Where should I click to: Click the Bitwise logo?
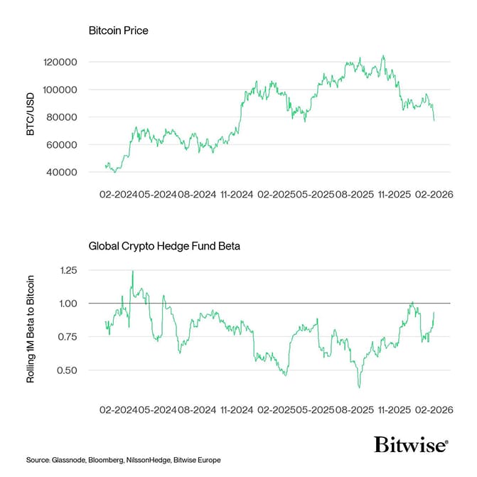pyautogui.click(x=411, y=445)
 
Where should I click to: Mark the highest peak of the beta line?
pyautogui.click(x=132, y=271)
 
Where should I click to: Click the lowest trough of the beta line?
pyautogui.click(x=359, y=387)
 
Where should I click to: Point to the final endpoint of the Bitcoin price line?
pyautogui.click(x=434, y=120)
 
